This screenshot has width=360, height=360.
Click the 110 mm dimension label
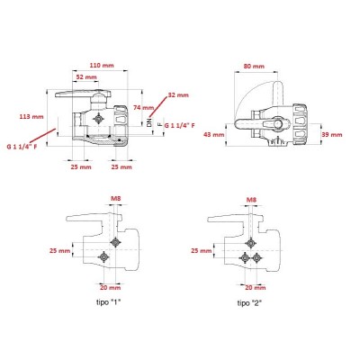(102, 65)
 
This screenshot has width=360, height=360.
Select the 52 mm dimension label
(86, 77)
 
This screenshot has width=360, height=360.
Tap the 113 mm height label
(31, 116)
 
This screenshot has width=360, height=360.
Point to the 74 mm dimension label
(143, 107)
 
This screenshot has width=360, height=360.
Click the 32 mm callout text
(178, 95)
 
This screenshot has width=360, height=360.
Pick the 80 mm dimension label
(254, 66)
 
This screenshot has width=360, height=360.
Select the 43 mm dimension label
(214, 135)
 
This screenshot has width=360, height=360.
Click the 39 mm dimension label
(331, 135)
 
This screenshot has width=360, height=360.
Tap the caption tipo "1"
(108, 302)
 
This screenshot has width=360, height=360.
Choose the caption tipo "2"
(249, 302)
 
